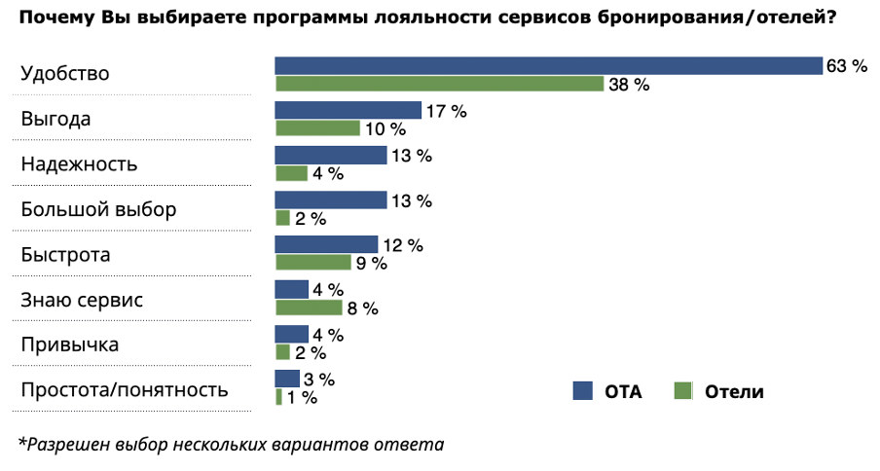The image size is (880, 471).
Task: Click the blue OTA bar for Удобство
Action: [549, 66]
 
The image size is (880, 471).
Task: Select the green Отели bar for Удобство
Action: [439, 85]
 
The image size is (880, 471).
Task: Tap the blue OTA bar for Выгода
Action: [348, 111]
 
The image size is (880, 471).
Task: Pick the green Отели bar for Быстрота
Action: [312, 263]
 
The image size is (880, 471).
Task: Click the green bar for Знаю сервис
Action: [309, 308]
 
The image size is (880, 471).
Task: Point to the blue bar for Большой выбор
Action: [331, 200]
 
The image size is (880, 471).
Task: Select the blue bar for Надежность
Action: [331, 156]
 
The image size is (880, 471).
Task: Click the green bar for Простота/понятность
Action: [278, 397]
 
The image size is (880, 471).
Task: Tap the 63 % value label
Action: [846, 66]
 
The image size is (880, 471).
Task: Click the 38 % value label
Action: [629, 85]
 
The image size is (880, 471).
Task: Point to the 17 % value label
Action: [447, 111]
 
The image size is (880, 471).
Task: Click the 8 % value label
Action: [362, 308]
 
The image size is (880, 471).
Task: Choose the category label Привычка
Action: [69, 345]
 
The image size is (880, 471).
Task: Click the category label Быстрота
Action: [65, 255]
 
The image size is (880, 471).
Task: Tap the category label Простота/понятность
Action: [125, 390]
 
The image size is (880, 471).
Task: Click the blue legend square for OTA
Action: [583, 391]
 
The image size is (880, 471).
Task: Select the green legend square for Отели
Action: [682, 391]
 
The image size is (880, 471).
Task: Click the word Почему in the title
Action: [55, 18]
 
